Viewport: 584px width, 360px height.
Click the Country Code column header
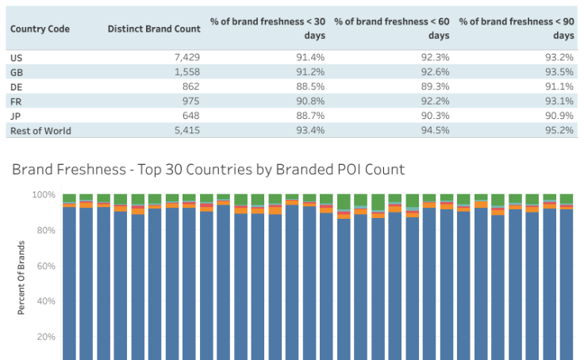pyautogui.click(x=40, y=29)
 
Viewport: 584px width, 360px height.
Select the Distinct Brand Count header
pyautogui.click(x=154, y=29)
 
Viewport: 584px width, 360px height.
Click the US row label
pyautogui.click(x=16, y=58)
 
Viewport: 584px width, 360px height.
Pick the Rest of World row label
pyautogui.click(x=40, y=130)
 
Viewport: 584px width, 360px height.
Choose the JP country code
pyautogui.click(x=15, y=116)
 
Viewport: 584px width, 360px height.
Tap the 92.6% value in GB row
pyautogui.click(x=433, y=72)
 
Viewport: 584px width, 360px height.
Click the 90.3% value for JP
pyautogui.click(x=433, y=116)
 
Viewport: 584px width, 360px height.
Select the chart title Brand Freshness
pyautogui.click(x=208, y=169)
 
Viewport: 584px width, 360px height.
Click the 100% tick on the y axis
pyautogui.click(x=44, y=194)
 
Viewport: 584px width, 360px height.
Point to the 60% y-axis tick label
pyautogui.click(x=46, y=266)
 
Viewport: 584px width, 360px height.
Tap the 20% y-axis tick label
pyautogui.click(x=46, y=336)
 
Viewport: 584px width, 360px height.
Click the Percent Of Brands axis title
pyautogui.click(x=21, y=278)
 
